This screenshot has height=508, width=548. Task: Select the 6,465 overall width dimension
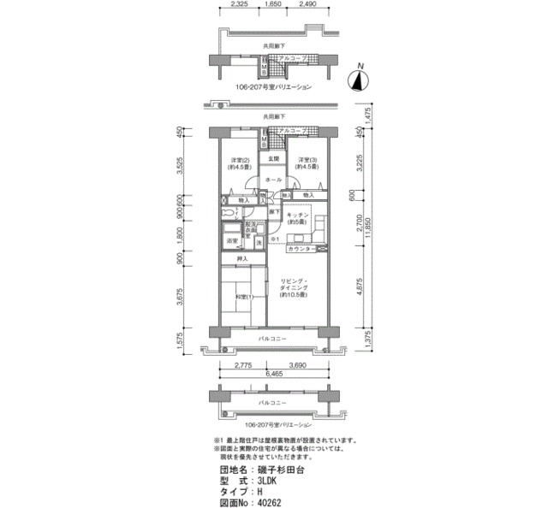(x=273, y=375)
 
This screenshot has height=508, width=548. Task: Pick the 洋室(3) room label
(x=308, y=163)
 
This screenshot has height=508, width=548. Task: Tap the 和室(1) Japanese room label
(x=242, y=297)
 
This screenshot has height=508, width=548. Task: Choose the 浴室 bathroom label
(x=232, y=241)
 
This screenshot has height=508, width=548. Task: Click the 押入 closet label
(x=242, y=259)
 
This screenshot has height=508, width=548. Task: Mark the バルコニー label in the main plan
(x=273, y=340)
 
